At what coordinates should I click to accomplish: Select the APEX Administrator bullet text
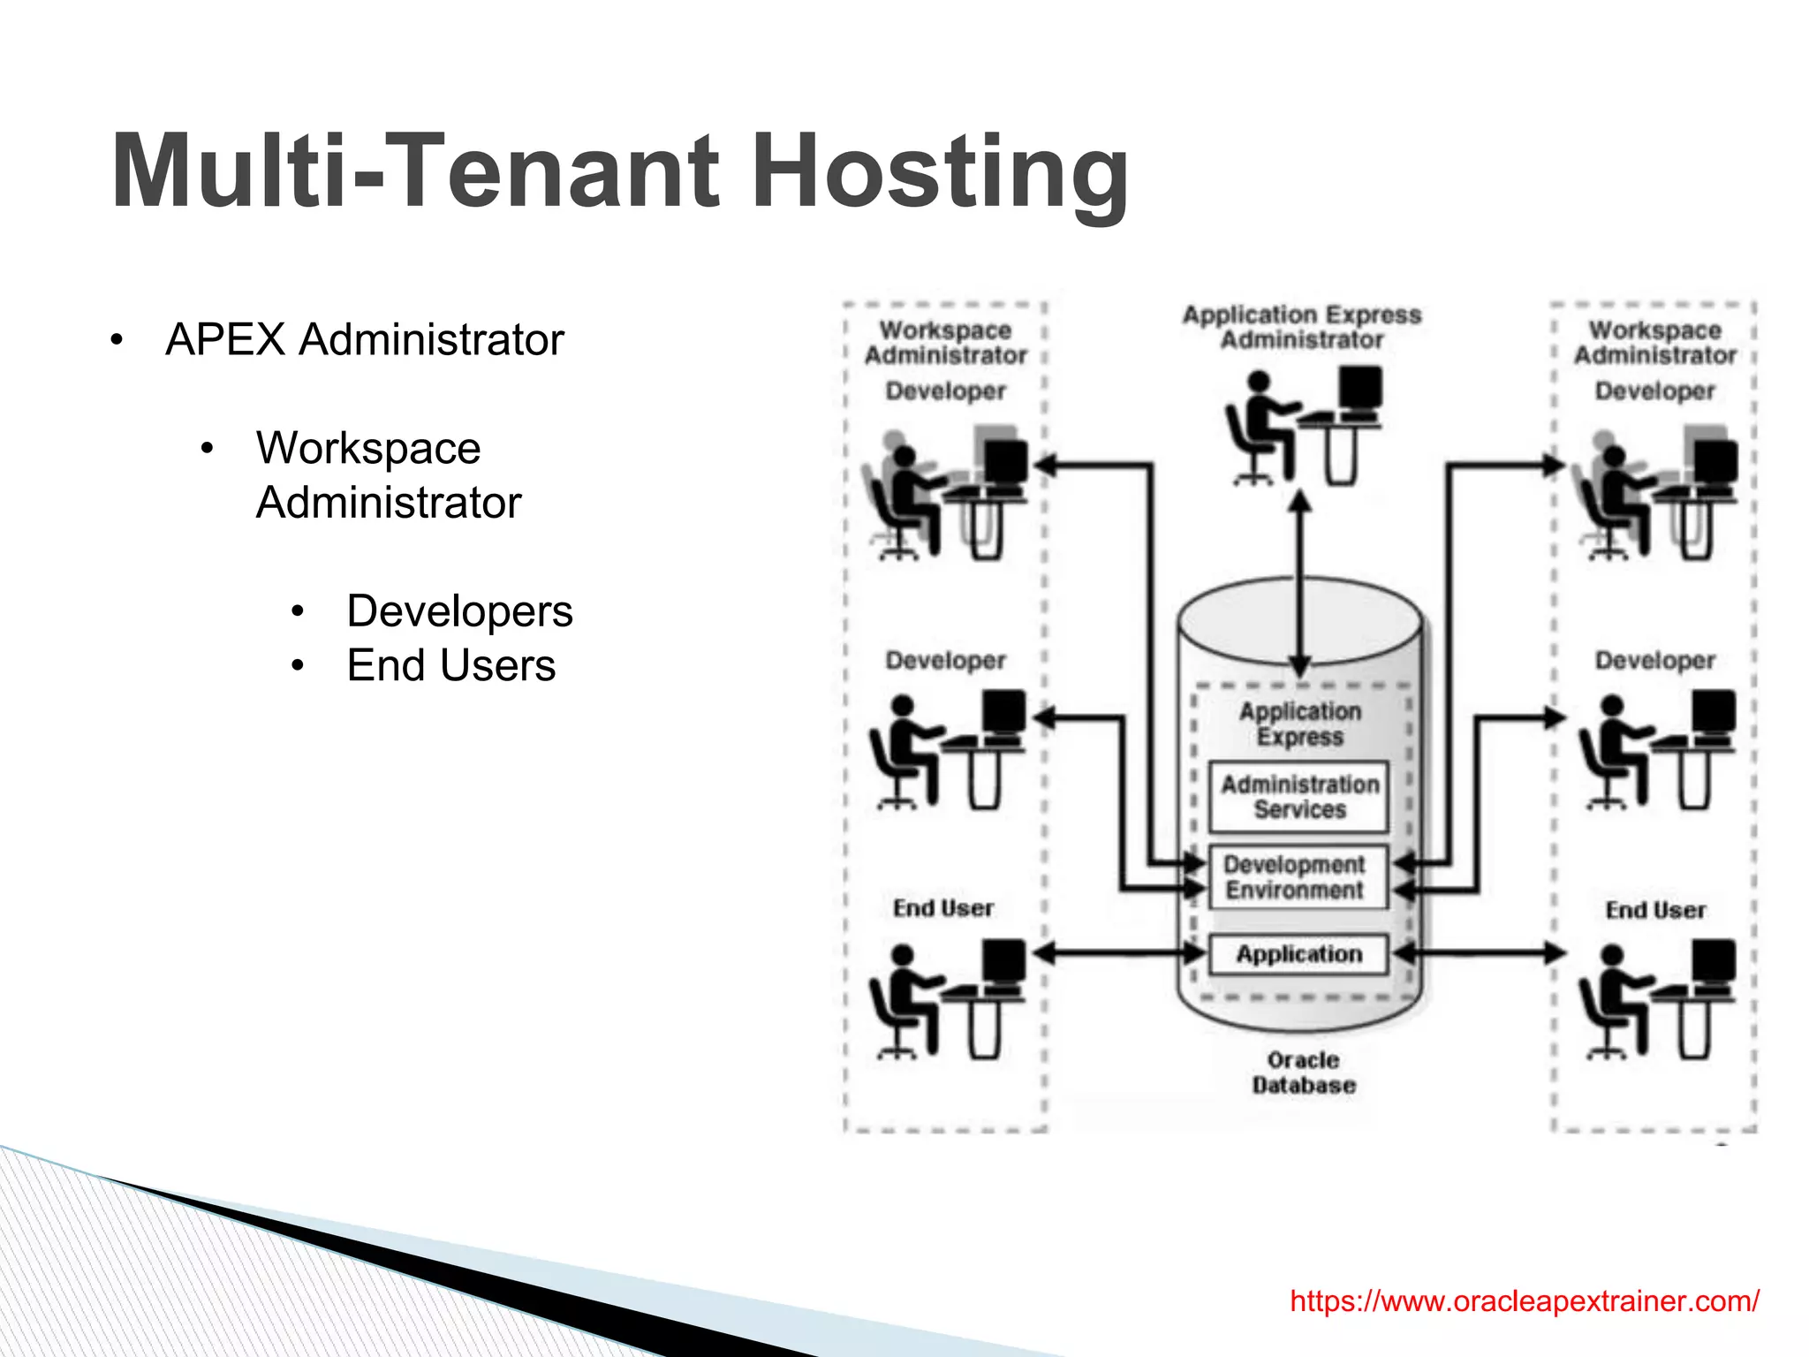(x=364, y=339)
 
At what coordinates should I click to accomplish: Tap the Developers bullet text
(x=459, y=610)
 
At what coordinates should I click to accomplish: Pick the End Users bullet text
(x=450, y=665)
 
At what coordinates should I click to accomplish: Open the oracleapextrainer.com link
(x=1524, y=1300)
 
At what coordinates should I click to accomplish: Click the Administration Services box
(x=1299, y=797)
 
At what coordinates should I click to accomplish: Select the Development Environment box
(x=1295, y=877)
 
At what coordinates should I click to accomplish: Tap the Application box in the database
(x=1298, y=954)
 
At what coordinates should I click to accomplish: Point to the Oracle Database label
(x=1303, y=1073)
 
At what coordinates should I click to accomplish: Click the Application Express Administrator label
(x=1302, y=327)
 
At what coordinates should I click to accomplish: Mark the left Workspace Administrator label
(x=945, y=343)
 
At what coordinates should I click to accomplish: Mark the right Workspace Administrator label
(x=1654, y=343)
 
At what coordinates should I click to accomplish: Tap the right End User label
(x=1655, y=910)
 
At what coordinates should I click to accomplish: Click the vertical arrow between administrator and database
(x=1299, y=583)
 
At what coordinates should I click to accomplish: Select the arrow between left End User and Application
(x=1120, y=953)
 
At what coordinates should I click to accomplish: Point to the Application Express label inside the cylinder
(x=1300, y=724)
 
